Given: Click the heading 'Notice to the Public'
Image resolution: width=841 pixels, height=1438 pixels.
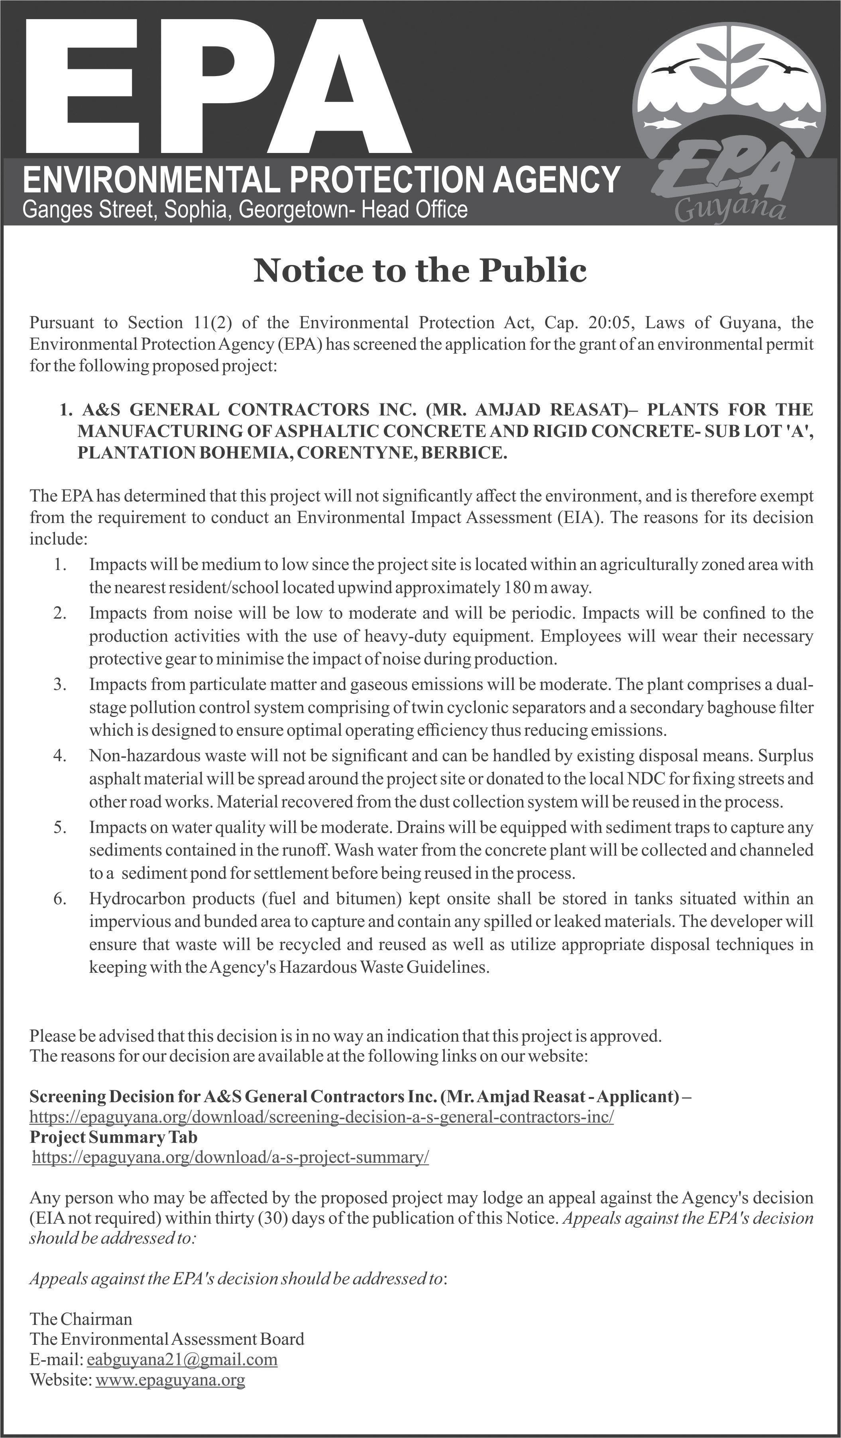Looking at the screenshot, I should pyautogui.click(x=420, y=270).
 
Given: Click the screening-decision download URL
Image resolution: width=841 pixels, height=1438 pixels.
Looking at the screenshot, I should pyautogui.click(x=321, y=1117).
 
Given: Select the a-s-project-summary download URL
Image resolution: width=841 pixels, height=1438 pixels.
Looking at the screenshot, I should pyautogui.click(x=230, y=1157).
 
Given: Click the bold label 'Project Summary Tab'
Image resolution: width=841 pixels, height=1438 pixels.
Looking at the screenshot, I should pyautogui.click(x=114, y=1137).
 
